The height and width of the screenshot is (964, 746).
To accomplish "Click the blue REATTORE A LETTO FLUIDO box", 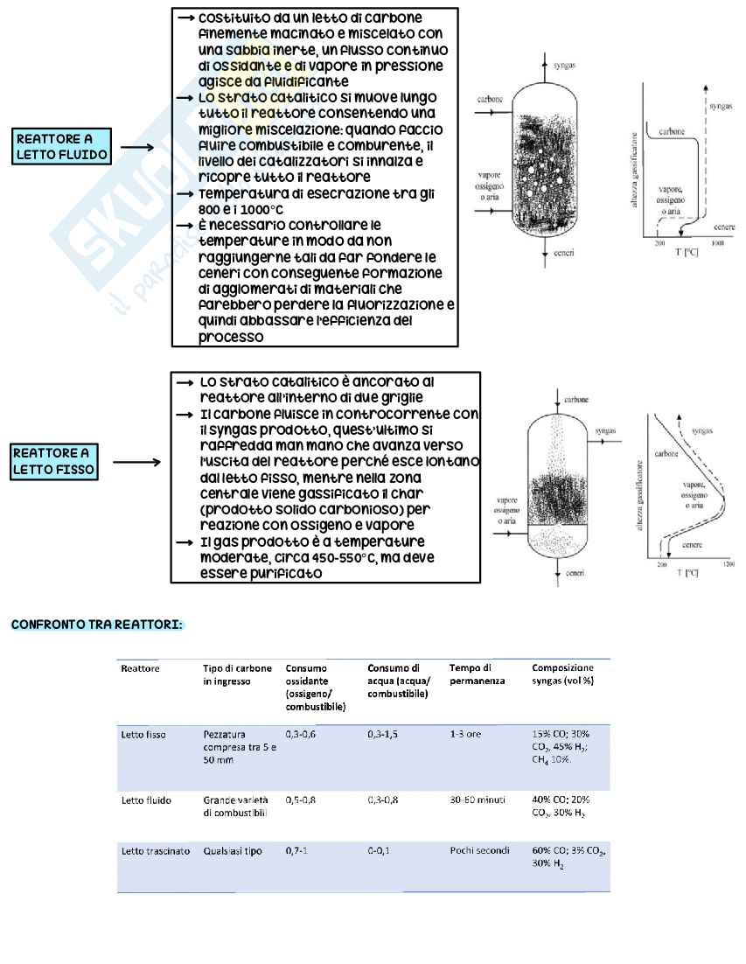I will (62, 147).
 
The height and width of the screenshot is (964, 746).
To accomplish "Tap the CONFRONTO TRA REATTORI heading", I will (97, 625).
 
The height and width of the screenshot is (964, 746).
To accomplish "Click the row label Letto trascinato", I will (155, 850).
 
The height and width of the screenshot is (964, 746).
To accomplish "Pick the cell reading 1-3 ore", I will (464, 734).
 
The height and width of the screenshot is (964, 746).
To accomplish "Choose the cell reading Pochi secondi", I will (478, 850).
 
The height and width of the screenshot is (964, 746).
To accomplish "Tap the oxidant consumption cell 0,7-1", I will (296, 850).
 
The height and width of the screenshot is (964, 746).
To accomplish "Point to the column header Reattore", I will (138, 668).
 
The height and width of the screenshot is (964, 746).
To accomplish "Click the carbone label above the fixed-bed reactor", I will (576, 399).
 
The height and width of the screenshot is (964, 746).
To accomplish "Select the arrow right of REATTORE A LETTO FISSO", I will (137, 462).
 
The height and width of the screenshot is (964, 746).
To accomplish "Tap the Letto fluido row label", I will (146, 800).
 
